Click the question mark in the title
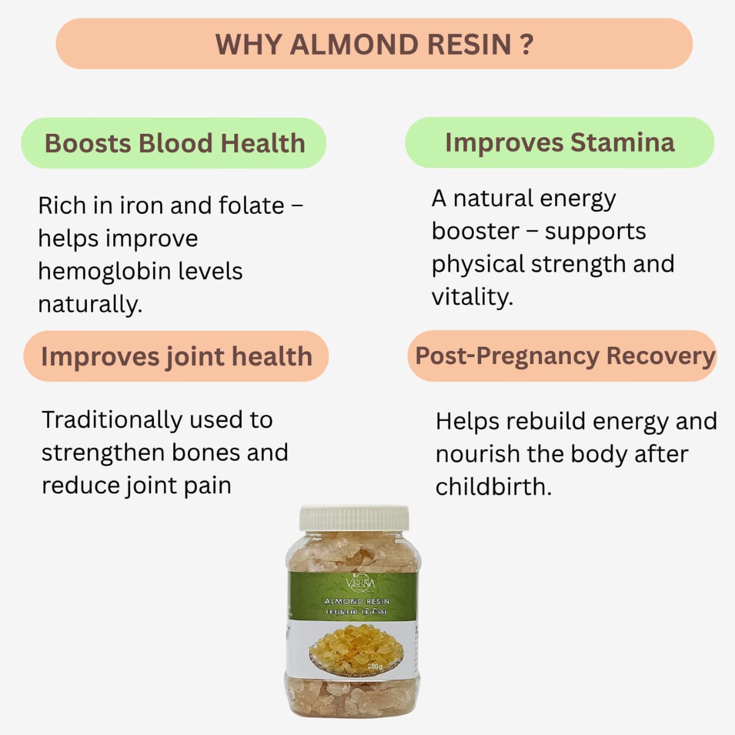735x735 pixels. pyautogui.click(x=527, y=45)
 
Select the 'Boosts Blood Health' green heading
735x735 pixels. pyautogui.click(x=174, y=143)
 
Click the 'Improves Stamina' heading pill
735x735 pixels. pyautogui.click(x=559, y=142)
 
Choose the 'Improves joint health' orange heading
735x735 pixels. pyautogui.click(x=176, y=356)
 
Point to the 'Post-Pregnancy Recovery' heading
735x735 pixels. pyautogui.click(x=564, y=355)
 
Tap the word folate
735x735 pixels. pyautogui.click(x=257, y=205)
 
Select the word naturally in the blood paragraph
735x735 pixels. pyautogui.click(x=90, y=304)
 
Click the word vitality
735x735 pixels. pyautogui.click(x=472, y=297)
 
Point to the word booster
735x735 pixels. pyautogui.click(x=475, y=231)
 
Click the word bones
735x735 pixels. pyautogui.click(x=204, y=452)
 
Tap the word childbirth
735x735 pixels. pyautogui.click(x=493, y=487)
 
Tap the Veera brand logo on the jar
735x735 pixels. pyautogui.click(x=361, y=583)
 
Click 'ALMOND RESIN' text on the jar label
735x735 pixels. pyautogui.click(x=357, y=601)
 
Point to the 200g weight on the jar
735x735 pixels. pyautogui.click(x=374, y=667)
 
